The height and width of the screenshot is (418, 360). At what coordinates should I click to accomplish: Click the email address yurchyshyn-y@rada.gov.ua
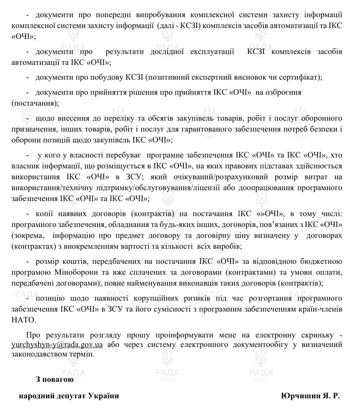point(57,345)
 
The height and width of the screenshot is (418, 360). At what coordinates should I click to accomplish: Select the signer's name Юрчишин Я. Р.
point(310,396)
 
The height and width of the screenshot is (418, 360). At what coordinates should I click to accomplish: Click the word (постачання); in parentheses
point(35,104)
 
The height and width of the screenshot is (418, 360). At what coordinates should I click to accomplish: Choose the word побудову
point(109,77)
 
